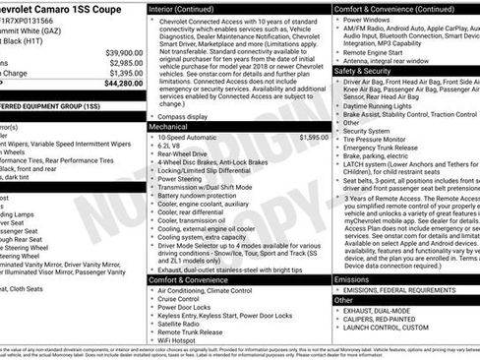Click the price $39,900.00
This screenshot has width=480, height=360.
click(124, 52)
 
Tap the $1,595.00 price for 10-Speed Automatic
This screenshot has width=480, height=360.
click(314, 138)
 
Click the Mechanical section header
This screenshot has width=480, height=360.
click(169, 127)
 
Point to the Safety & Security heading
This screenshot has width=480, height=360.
click(362, 71)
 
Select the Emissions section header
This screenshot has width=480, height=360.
click(354, 279)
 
